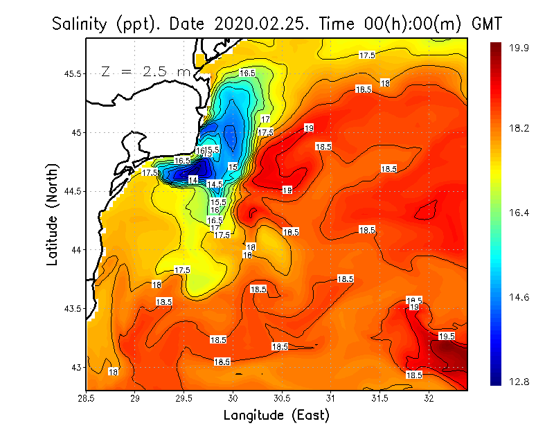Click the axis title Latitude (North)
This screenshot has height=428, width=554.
53,215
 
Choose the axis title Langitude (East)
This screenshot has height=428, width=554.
276,416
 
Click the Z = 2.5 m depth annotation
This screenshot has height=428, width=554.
145,71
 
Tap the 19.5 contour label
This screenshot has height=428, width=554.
447,336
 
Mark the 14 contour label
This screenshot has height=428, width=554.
193,180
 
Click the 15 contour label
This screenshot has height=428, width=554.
233,167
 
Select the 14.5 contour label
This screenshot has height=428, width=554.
214,184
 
